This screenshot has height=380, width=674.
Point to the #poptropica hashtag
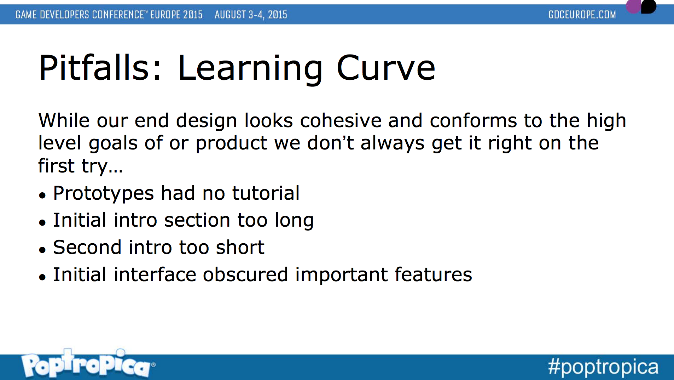pos(603,367)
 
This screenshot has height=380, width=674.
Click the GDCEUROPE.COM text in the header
pos(582,15)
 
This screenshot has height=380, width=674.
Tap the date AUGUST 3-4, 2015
pos(251,15)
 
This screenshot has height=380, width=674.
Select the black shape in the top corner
pos(649,6)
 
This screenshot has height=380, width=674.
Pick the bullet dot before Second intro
pos(42,250)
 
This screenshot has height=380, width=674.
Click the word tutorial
pos(266,193)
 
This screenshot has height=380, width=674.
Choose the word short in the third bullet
pos(240,247)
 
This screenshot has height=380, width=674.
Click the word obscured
pos(245,274)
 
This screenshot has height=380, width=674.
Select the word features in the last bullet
pos(433,274)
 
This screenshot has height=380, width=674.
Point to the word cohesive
pos(341,120)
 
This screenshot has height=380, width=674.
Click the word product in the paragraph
pos(232,144)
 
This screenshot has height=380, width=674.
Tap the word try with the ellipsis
pos(102,166)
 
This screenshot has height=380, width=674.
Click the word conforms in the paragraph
pos(473,120)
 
